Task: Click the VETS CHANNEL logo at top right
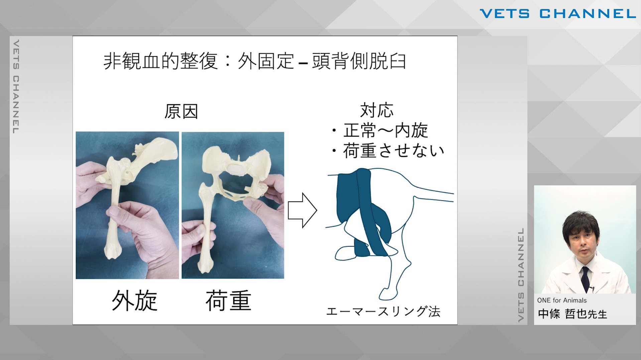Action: [557, 14]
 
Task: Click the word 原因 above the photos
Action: [181, 112]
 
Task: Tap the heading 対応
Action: [377, 110]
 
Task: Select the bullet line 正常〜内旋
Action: [380, 130]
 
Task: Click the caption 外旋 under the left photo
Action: [134, 300]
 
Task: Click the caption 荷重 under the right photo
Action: [228, 300]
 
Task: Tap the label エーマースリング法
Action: [383, 311]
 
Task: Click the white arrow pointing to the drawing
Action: [302, 210]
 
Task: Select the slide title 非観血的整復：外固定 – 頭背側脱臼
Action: [255, 61]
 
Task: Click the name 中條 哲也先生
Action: [572, 314]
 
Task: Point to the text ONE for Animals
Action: [562, 300]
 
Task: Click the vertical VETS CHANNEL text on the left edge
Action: [15, 87]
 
